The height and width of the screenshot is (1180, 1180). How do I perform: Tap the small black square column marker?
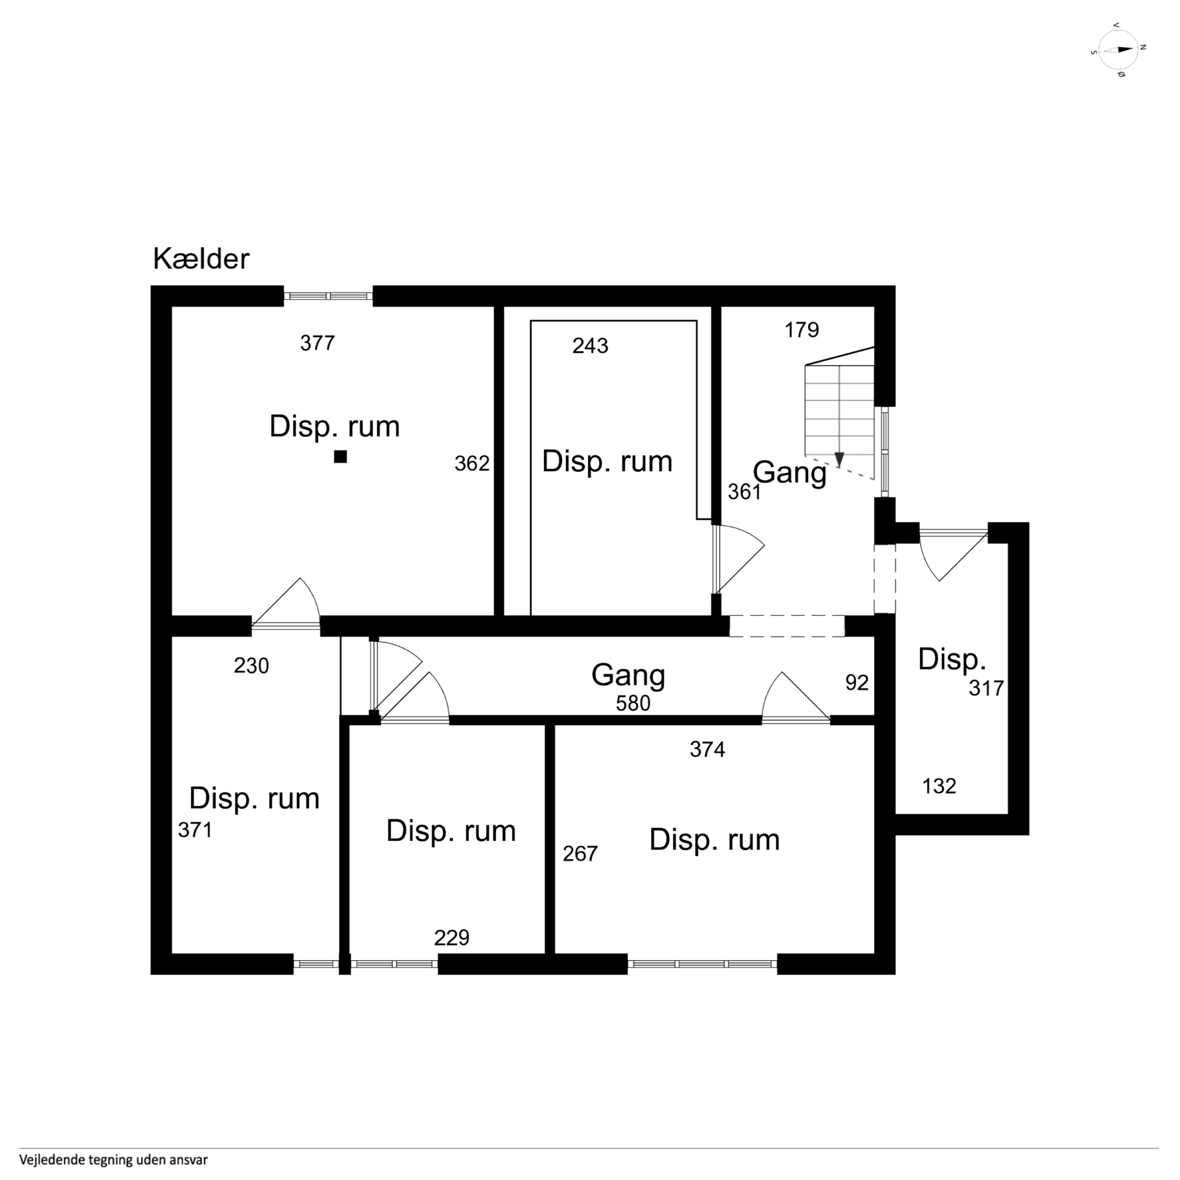click(340, 456)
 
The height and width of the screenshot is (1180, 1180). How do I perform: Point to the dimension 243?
click(590, 346)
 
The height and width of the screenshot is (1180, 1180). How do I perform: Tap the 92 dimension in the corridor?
click(857, 682)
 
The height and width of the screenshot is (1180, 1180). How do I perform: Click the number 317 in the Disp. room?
click(986, 688)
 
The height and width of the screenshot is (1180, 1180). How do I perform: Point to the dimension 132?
click(939, 786)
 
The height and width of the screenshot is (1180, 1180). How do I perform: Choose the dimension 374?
click(707, 749)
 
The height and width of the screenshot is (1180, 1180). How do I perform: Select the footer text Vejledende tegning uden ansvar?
click(114, 1160)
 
